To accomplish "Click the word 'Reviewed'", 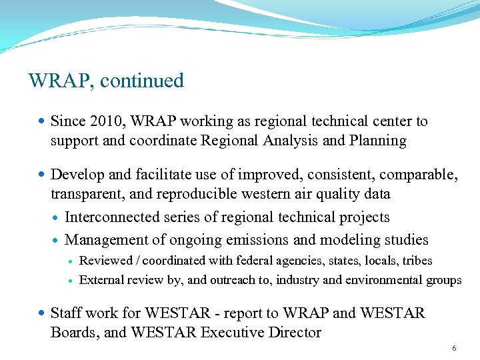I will click(x=105, y=261).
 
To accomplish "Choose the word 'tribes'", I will click(x=417, y=261).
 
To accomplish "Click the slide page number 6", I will click(x=454, y=349).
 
